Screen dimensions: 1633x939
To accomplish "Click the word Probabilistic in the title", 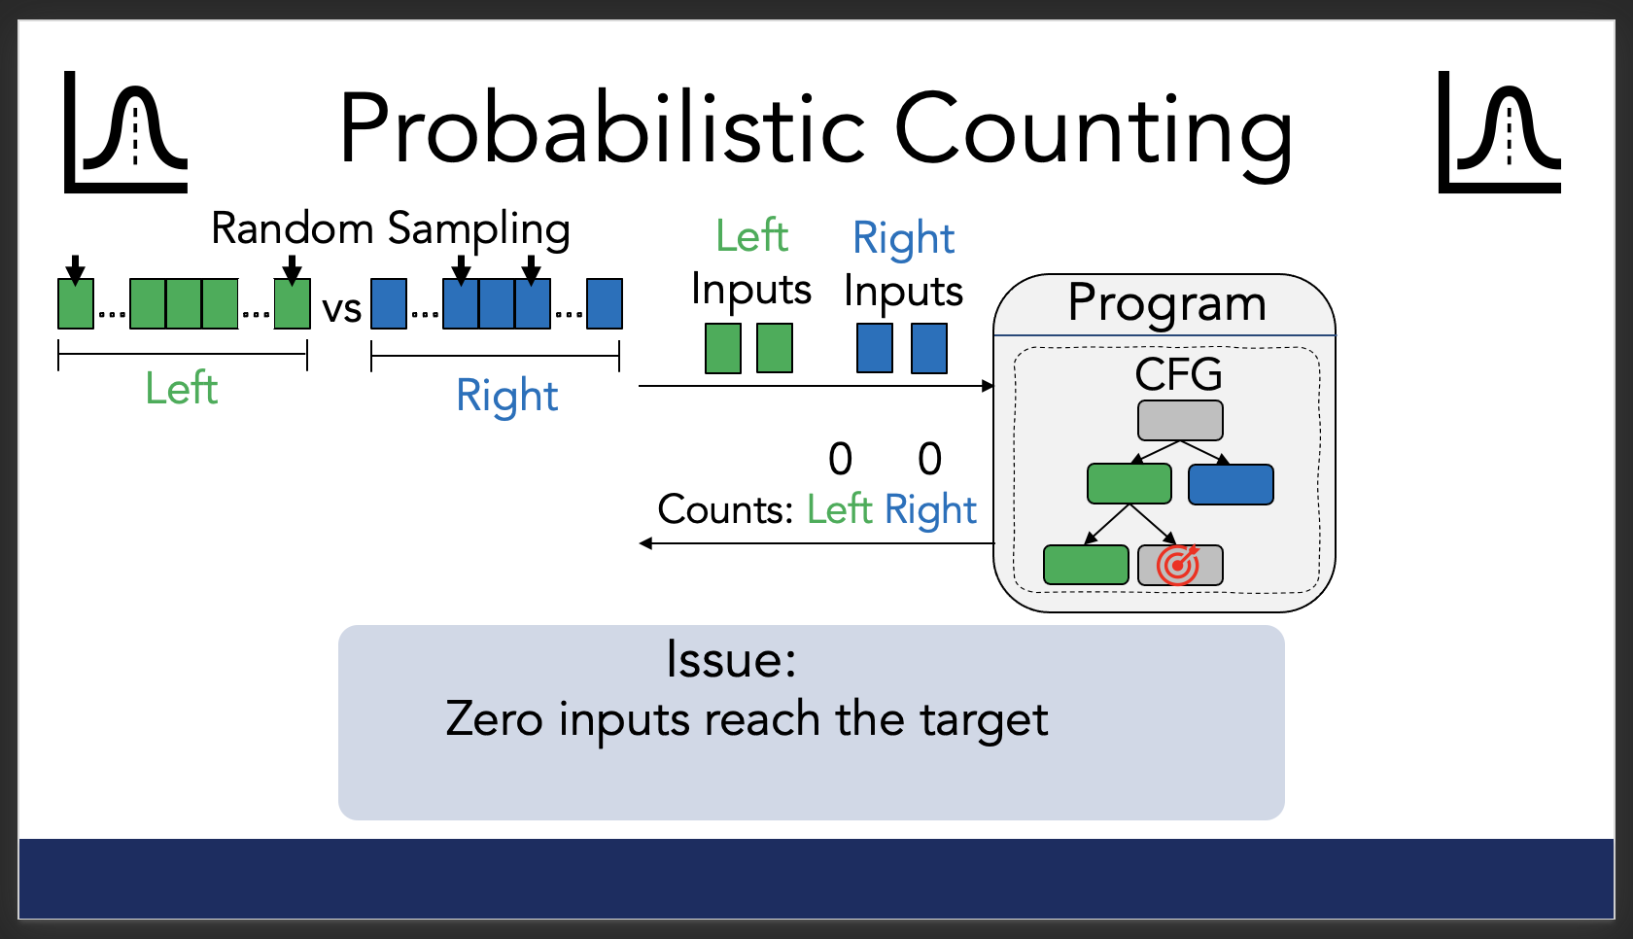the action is click(x=604, y=128).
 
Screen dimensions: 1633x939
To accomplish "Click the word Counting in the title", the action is click(x=1094, y=136).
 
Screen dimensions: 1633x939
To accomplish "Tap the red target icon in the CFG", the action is click(x=1178, y=565).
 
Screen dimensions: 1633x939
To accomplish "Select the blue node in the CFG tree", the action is click(x=1231, y=484).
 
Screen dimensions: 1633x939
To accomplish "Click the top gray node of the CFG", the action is click(x=1180, y=420).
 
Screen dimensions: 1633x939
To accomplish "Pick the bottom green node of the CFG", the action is click(x=1087, y=565).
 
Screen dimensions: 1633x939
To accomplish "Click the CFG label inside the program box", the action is click(x=1178, y=374).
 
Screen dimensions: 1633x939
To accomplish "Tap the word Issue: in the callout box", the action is click(x=731, y=659).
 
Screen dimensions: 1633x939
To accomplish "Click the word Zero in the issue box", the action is click(x=494, y=719).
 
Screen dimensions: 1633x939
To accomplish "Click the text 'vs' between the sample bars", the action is click(x=342, y=309).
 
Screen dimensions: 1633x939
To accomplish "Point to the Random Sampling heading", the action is click(x=391, y=229).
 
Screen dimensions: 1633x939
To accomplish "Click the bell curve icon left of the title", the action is click(x=125, y=132).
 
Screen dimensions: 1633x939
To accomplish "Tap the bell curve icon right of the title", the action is click(x=1500, y=132).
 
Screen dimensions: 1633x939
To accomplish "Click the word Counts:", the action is click(x=725, y=509).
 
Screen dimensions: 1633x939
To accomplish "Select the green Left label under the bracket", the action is click(x=182, y=388).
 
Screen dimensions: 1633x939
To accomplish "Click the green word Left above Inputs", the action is click(x=751, y=235).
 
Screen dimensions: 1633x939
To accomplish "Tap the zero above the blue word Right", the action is click(x=929, y=459).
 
